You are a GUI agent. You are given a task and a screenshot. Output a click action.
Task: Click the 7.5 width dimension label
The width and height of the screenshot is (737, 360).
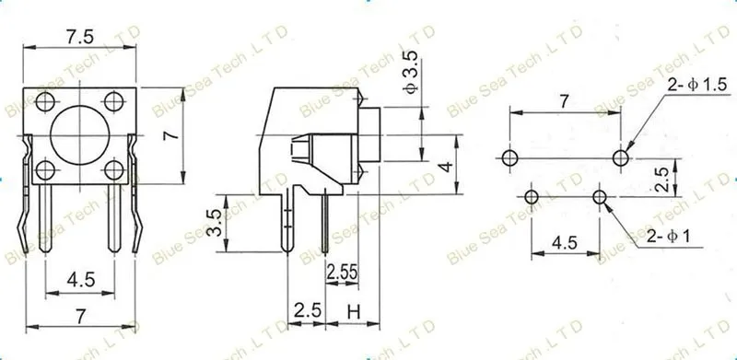pyautogui.click(x=79, y=38)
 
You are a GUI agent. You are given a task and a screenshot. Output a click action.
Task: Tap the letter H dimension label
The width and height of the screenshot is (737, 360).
pyautogui.click(x=354, y=311)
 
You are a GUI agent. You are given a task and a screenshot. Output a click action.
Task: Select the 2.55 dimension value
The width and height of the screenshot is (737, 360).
pyautogui.click(x=342, y=273)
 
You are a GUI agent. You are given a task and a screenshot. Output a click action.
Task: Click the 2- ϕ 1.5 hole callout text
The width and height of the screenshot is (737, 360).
pyautogui.click(x=697, y=85)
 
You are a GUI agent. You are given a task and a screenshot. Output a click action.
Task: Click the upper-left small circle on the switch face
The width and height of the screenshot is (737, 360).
pyautogui.click(x=45, y=101)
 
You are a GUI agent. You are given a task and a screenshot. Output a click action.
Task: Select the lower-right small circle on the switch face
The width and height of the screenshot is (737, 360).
pyautogui.click(x=113, y=170)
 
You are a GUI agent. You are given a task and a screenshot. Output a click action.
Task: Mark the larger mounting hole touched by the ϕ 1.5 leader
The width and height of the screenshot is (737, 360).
pyautogui.click(x=620, y=158)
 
